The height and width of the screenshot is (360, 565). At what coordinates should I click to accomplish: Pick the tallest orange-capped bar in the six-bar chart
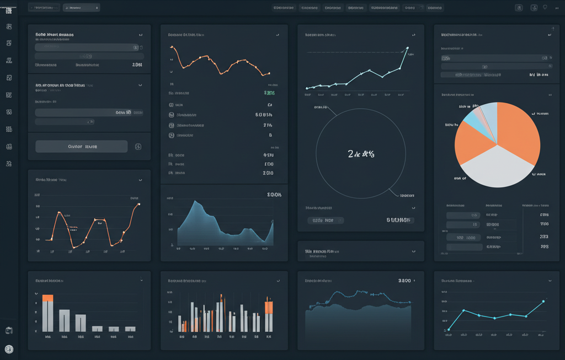[x=48, y=312]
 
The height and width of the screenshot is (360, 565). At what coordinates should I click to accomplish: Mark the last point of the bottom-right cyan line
[x=543, y=301]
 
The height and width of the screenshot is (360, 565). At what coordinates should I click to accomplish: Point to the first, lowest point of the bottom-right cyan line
[x=449, y=329]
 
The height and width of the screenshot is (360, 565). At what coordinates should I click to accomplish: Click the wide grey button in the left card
[x=81, y=147]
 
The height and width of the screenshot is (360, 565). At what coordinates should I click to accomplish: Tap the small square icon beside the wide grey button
[x=138, y=147]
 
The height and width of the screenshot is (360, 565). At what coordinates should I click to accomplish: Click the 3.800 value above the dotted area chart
[x=404, y=281]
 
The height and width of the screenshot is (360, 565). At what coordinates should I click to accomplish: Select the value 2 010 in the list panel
[x=268, y=173]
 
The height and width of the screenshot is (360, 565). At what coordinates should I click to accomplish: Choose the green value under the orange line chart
[x=269, y=93]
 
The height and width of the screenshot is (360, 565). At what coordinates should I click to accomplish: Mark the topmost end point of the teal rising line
[x=407, y=48]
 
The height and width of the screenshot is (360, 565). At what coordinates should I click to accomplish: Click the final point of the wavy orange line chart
[x=138, y=205]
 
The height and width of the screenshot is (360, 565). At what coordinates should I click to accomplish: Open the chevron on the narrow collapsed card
[x=414, y=251]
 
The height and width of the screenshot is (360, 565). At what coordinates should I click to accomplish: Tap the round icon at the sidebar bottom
[x=9, y=349]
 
